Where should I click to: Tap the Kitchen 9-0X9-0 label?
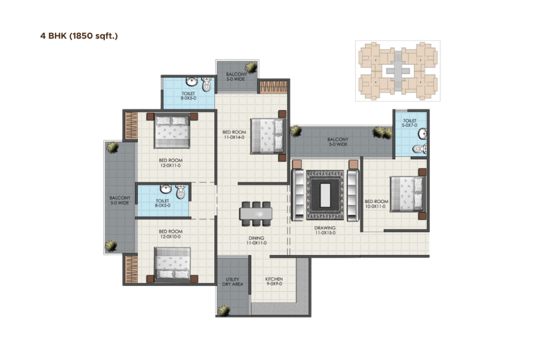[274, 281]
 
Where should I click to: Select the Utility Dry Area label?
[232, 282]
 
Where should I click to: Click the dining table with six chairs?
[256, 213]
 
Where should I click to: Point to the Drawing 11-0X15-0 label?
[325, 230]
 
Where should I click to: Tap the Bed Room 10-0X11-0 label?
[377, 204]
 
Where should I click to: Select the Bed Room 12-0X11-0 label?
[171, 162]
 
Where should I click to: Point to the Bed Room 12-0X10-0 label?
[171, 234]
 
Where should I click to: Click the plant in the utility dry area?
[224, 309]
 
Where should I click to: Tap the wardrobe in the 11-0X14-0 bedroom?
[273, 86]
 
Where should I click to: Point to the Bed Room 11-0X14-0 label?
[233, 134]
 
